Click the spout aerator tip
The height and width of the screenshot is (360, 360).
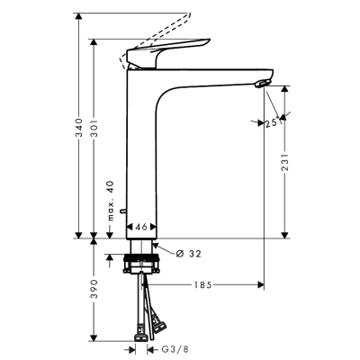[x=262, y=84]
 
